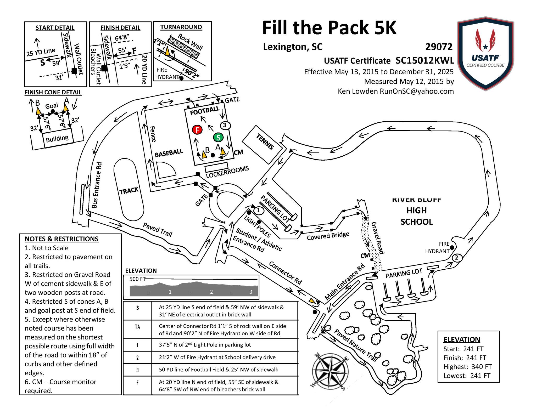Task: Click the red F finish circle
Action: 197,130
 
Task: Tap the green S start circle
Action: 218,137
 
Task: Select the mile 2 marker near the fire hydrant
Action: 457,258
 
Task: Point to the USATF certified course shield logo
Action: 485,54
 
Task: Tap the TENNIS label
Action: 265,142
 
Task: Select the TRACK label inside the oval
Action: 129,191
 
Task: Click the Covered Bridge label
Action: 328,236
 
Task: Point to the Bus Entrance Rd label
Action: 97,185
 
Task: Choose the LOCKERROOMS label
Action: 227,172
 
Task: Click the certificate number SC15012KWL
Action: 425,60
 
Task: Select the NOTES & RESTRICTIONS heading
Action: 62,239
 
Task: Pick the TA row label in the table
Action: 137,327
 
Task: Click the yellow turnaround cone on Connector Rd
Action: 312,301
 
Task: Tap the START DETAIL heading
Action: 55,28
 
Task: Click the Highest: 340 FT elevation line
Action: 467,367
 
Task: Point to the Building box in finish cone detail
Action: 57,138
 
